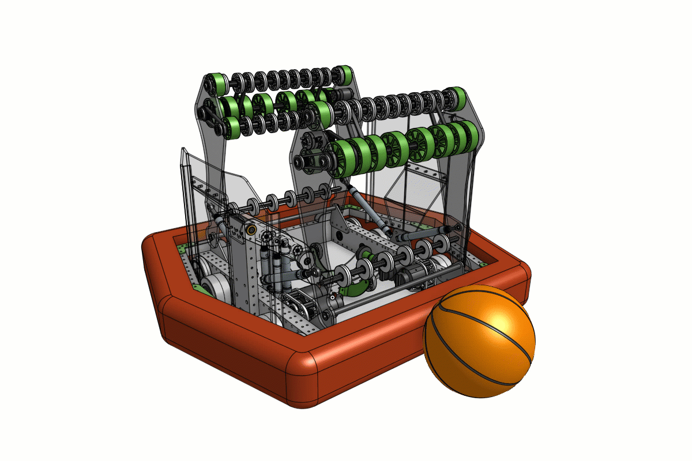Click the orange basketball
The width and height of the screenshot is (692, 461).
480,342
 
